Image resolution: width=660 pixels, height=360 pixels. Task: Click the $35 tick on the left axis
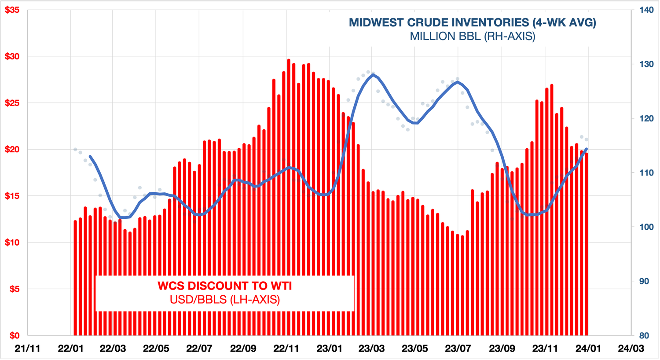(12, 10)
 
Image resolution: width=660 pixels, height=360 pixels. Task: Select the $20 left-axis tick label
(12, 149)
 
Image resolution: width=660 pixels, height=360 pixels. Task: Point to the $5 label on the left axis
(14, 289)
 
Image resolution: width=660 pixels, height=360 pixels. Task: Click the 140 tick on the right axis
(646, 10)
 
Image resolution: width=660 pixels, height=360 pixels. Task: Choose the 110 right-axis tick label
(646, 173)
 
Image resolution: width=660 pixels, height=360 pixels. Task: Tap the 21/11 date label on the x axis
(27, 349)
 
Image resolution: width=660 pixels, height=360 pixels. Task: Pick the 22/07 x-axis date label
(199, 349)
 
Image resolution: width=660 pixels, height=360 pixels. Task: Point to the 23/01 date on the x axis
(329, 349)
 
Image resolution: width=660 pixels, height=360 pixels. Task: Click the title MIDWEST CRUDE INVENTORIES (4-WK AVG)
(472, 22)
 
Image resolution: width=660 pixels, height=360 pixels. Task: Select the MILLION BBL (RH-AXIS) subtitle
(472, 36)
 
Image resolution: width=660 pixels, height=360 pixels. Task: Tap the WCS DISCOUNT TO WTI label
(224, 286)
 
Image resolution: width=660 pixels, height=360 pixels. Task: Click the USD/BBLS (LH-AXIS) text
(224, 300)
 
